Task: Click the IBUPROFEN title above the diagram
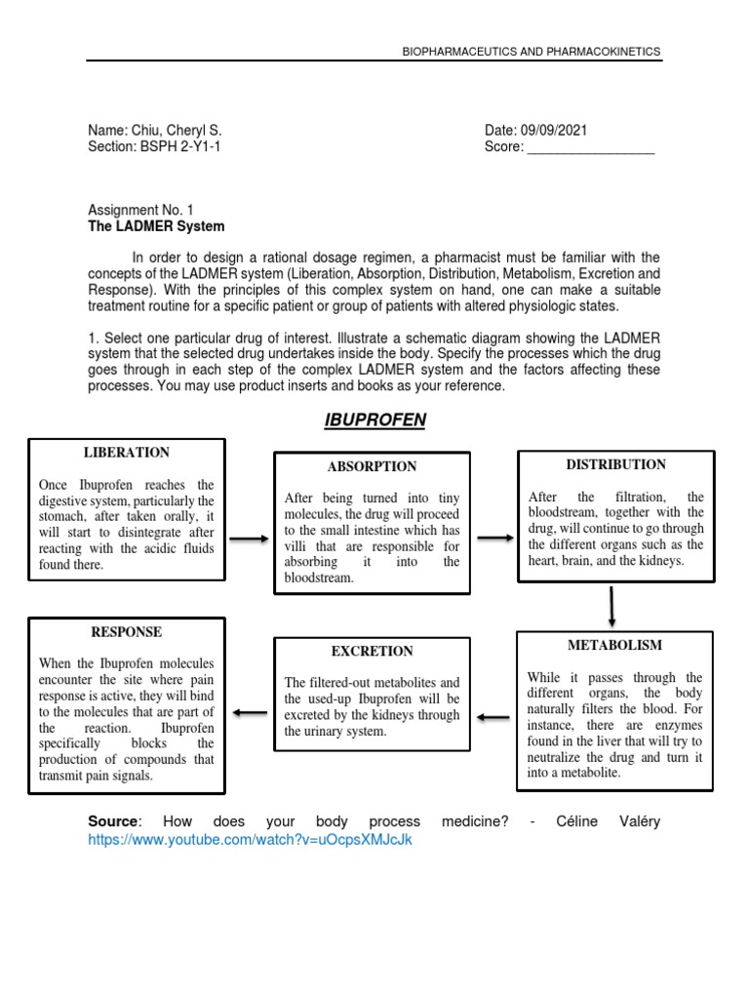(x=374, y=420)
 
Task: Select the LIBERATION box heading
(x=127, y=453)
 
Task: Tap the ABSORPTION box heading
(x=372, y=466)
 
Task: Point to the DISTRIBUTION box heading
(x=615, y=464)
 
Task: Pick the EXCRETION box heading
(x=372, y=651)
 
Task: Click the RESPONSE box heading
(x=126, y=632)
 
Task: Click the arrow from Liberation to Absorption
(x=249, y=539)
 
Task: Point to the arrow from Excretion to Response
(x=250, y=713)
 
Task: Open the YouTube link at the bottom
(x=251, y=840)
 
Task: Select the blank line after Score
(x=590, y=148)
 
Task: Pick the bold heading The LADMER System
(x=156, y=226)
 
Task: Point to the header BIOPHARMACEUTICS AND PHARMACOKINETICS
(x=531, y=51)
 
